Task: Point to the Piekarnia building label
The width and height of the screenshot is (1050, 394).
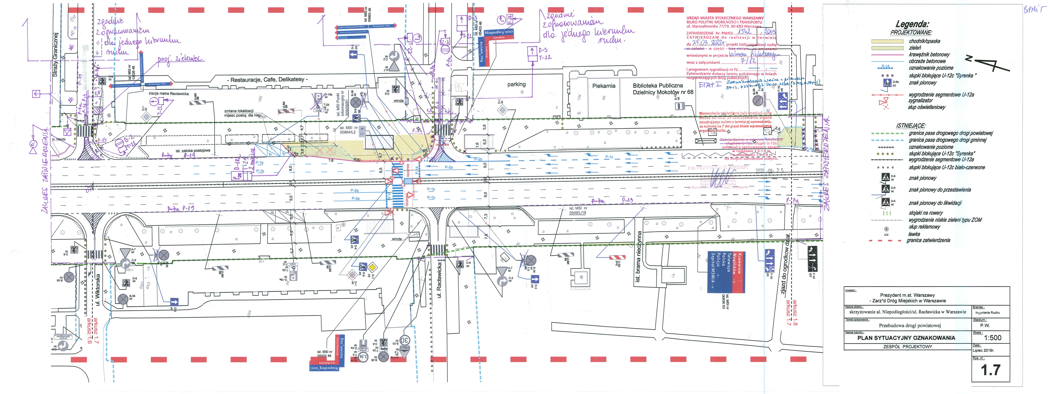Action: tap(604, 86)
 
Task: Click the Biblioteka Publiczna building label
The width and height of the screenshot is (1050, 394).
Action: tap(657, 86)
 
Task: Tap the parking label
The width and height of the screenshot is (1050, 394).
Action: tap(516, 84)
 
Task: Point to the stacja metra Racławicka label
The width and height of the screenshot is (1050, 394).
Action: tap(169, 94)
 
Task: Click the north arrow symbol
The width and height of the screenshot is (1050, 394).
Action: tap(982, 65)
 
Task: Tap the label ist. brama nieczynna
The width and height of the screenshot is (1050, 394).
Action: tap(639, 256)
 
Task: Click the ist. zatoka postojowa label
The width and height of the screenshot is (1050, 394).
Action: tap(193, 151)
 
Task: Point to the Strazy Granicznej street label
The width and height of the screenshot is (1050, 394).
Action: tap(56, 55)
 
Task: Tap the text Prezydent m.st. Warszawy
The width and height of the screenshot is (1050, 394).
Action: tap(907, 295)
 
